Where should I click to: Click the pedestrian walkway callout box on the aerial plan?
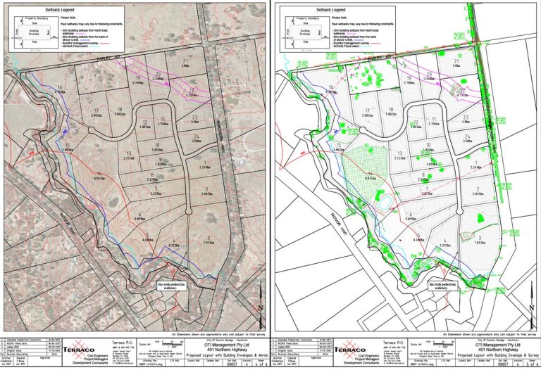click(172, 286)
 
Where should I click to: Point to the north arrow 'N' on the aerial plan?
click(259, 307)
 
